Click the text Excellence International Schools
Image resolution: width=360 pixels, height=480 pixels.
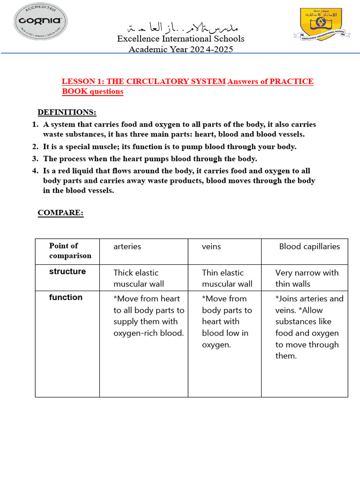coord(180,38)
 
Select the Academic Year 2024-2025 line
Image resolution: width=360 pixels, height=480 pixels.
coord(180,49)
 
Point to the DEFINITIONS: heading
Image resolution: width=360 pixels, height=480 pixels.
coord(67,112)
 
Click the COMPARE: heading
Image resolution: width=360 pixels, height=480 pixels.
coord(60,213)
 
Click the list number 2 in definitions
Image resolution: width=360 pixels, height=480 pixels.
coord(35,147)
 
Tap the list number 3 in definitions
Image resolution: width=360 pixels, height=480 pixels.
coord(35,159)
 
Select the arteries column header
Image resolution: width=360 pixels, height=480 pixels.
coord(127,247)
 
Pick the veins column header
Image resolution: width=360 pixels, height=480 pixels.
coord(211,247)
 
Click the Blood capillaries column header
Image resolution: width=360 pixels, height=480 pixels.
coord(309,247)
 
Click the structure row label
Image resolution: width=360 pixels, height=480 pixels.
coord(67,272)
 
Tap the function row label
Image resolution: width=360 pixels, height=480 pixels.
coord(66,297)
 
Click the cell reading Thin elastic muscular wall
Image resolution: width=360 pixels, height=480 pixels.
coord(227,278)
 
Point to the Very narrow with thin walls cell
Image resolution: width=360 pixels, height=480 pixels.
coord(307,278)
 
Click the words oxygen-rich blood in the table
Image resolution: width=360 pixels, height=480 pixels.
coord(149,333)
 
